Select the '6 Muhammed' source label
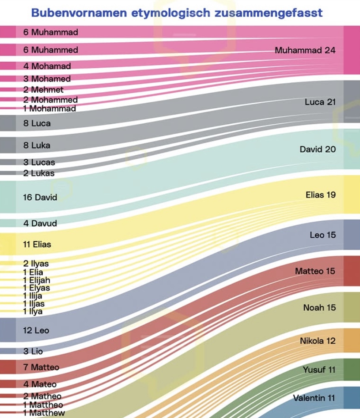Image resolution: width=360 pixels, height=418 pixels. pos(51,50)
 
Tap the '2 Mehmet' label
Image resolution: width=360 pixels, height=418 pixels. pos(43,90)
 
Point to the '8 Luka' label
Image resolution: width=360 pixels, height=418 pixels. pos(37,145)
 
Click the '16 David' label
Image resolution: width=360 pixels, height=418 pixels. pos(40,198)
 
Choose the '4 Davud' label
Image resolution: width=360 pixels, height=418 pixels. pos(40,223)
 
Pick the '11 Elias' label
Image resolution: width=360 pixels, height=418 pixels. pos(37,244)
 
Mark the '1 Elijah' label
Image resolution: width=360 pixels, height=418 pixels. pos(37,280)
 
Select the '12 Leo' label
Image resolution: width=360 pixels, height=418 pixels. pos(36,330)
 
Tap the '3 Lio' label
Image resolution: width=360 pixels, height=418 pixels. pos(33,352)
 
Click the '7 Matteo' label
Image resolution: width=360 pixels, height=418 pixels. pos(41,368)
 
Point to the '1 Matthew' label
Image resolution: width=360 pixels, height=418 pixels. pos(44,413)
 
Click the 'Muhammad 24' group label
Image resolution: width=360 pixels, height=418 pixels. pos(305,50)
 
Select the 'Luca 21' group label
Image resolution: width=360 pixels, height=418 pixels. pos(320,102)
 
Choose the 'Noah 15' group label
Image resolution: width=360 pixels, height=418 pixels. pos(319,308)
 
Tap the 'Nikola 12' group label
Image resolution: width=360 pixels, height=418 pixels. pos(317,341)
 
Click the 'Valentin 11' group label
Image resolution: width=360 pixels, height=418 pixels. pos(314,398)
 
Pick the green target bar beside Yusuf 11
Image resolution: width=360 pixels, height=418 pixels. pos(352,370)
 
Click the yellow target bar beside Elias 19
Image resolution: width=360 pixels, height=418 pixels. pos(352,195)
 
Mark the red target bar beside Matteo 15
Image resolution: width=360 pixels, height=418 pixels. pos(352,271)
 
